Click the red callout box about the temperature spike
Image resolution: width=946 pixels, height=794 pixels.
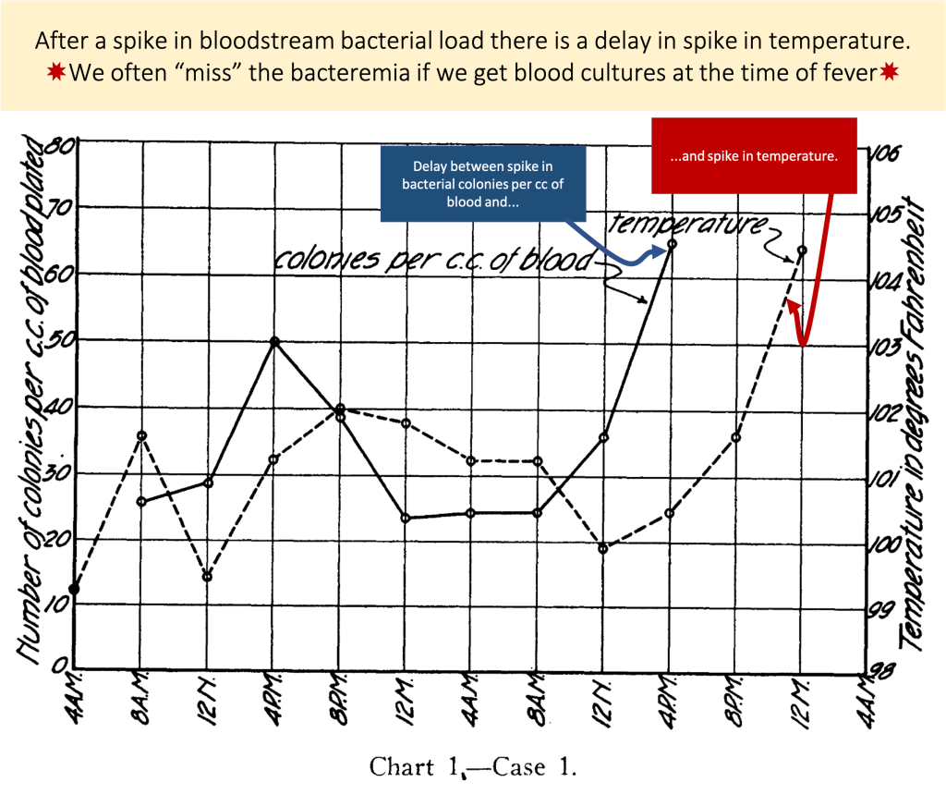753,156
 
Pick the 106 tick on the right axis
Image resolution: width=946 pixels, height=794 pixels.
885,154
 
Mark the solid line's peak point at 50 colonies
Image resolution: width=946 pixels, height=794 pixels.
274,341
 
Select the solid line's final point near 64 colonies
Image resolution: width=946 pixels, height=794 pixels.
672,244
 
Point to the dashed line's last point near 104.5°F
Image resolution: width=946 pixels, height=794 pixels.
802,250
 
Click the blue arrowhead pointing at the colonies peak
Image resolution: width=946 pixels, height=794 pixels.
659,250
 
